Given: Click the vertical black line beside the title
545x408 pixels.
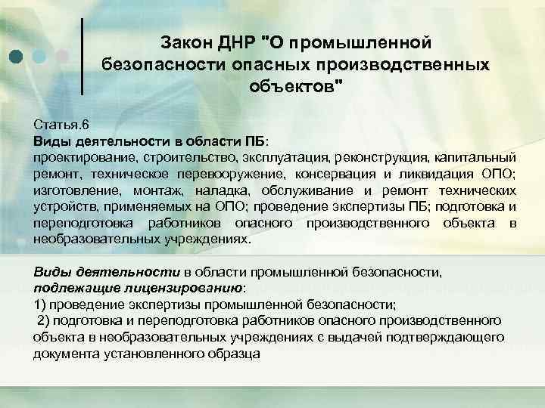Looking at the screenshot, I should click(82, 56).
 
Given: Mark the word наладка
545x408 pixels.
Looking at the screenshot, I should click(213, 190).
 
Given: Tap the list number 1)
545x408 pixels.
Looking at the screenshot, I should click(41, 304).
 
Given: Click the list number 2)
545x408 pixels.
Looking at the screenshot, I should click(44, 321).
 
